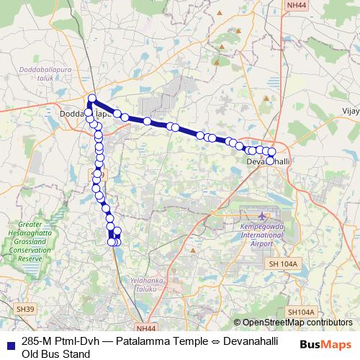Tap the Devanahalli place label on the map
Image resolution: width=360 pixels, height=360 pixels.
click(268, 161)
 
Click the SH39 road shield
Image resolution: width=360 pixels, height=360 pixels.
click(24, 308)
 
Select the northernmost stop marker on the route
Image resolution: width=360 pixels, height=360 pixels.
click(92, 98)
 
